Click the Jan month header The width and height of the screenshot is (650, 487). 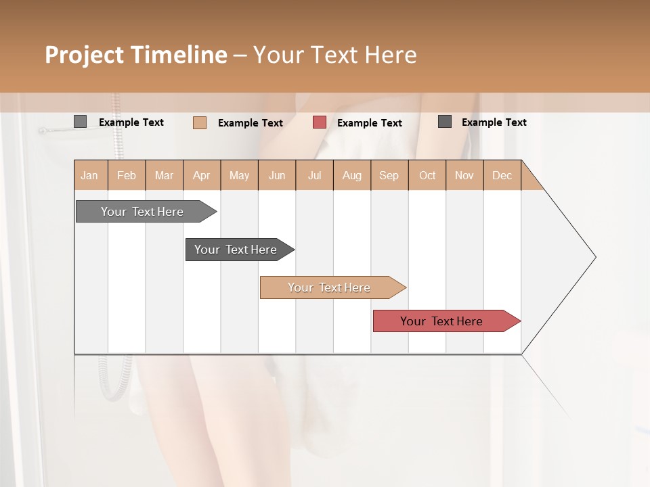point(90,175)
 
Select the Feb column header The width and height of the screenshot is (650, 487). point(127,175)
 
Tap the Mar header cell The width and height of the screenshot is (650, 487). point(164,175)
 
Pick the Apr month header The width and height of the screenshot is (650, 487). point(202,175)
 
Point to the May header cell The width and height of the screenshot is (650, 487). point(239,175)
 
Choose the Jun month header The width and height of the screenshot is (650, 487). point(277,175)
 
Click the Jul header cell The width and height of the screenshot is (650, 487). point(314,175)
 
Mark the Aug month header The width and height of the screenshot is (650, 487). point(352,175)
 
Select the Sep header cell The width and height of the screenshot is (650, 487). point(389,175)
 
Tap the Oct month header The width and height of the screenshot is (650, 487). point(427,175)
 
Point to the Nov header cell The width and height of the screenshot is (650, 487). point(464,175)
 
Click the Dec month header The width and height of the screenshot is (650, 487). point(502,175)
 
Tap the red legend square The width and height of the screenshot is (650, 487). point(320,122)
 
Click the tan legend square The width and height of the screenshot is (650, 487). point(200,122)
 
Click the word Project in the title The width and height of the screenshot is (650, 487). point(85,55)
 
